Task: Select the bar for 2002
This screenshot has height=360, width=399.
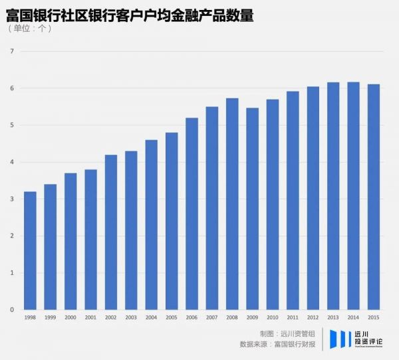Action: tap(111, 232)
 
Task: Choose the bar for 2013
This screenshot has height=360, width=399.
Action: tap(332, 196)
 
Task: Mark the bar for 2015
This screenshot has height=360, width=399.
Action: tap(373, 197)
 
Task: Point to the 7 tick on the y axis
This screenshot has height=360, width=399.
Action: tap(11, 51)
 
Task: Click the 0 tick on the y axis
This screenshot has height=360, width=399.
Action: tap(11, 310)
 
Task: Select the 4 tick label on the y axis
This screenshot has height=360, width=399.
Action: tap(11, 162)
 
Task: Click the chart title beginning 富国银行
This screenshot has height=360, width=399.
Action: tap(130, 15)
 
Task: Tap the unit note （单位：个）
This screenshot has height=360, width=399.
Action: tap(29, 29)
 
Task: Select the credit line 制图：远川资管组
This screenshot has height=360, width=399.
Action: tap(287, 333)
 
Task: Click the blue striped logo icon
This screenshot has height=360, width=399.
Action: tap(340, 338)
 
